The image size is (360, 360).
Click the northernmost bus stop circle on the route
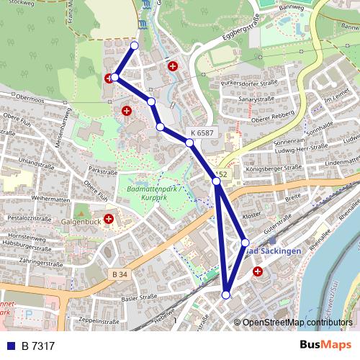[134, 46]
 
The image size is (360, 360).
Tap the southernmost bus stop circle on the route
[226, 294]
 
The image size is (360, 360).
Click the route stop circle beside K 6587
[189, 143]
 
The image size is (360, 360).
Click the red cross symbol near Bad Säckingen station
[258, 271]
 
